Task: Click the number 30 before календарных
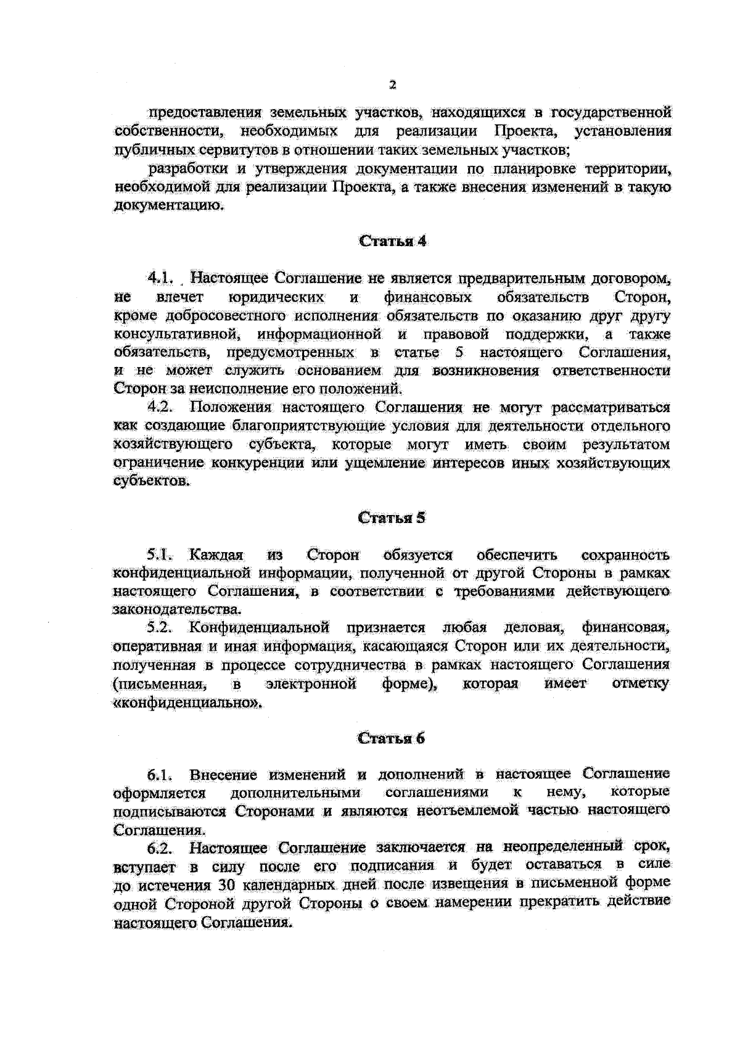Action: click(x=223, y=886)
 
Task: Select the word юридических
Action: click(x=277, y=297)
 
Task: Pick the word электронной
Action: click(x=311, y=684)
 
